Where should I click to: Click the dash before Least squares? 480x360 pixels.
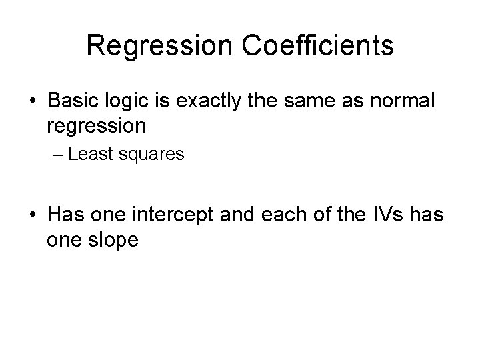pos(59,155)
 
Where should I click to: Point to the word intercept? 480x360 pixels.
pos(173,217)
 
